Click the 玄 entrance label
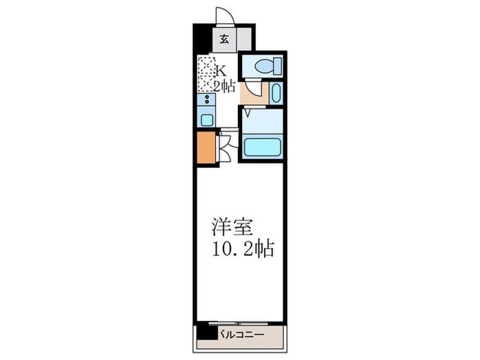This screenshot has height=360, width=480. [x=224, y=38]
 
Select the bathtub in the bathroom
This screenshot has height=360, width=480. [x=263, y=147]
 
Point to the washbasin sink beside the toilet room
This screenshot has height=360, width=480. [x=276, y=93]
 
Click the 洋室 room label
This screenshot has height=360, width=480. [x=228, y=227]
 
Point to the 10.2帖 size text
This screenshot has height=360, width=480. [x=242, y=248]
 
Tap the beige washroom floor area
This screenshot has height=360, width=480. [x=252, y=95]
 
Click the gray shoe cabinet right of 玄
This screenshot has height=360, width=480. [x=245, y=38]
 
